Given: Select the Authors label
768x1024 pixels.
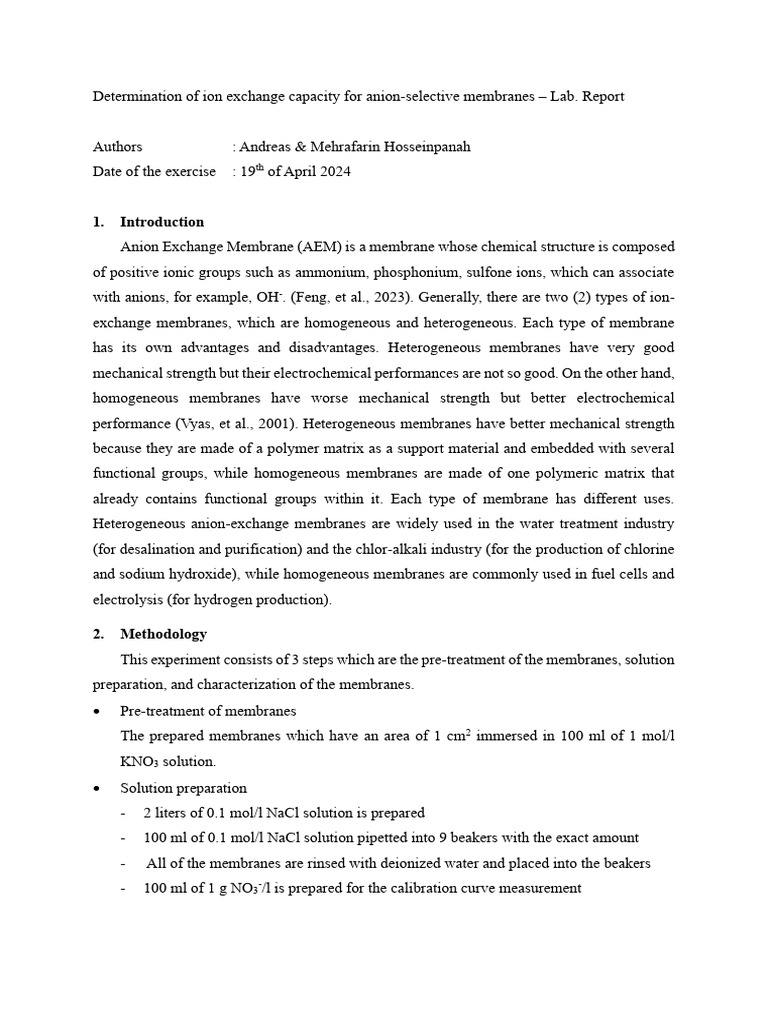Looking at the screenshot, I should click(117, 147).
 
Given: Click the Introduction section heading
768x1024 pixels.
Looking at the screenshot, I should click(162, 222).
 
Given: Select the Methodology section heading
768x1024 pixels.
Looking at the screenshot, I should click(164, 634).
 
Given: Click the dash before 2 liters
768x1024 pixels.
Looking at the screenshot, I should click(123, 813).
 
